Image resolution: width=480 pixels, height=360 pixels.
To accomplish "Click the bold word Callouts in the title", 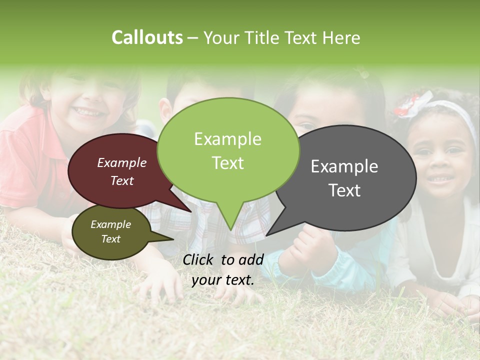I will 147,37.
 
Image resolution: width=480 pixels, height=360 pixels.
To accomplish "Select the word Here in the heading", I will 342,37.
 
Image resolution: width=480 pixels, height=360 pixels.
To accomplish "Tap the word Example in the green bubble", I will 227,139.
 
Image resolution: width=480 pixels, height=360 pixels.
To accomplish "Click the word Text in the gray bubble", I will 345,190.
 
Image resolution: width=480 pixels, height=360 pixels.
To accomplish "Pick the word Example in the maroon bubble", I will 121,162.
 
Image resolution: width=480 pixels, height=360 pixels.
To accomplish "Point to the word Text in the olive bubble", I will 111,239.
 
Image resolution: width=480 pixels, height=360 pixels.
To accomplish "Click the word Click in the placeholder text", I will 199,259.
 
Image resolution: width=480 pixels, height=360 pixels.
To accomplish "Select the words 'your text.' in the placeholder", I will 223,280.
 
